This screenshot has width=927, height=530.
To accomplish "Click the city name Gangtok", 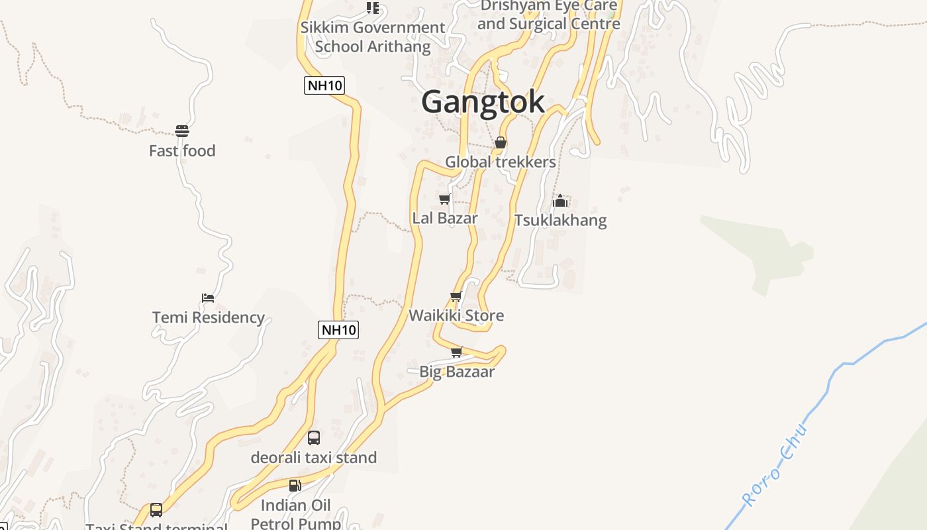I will click(x=483, y=102).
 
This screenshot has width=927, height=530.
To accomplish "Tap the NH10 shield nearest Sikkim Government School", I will click(x=324, y=85).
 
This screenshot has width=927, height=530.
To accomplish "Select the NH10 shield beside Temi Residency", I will click(x=338, y=330).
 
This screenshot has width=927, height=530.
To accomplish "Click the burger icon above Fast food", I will click(x=182, y=131).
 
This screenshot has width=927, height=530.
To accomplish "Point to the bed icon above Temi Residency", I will click(x=208, y=298).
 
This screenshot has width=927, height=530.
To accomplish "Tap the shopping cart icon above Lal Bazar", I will click(x=444, y=199).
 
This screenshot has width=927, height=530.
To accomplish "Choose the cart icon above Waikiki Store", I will click(x=456, y=296).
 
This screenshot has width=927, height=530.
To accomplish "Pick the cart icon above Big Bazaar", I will click(x=456, y=352).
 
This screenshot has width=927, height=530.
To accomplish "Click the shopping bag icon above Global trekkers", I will click(x=501, y=142).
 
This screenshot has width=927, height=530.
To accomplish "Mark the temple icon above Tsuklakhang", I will click(x=560, y=200).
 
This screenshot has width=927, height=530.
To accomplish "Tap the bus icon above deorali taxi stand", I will click(x=314, y=438).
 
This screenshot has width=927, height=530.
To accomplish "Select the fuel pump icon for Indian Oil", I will click(x=295, y=486).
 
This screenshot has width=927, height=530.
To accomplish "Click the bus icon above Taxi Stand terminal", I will click(x=156, y=510).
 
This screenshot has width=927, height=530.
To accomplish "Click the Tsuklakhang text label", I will click(x=560, y=220).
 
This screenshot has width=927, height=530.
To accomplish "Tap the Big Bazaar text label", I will click(x=457, y=372).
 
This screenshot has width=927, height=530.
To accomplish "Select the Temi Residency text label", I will click(x=209, y=317).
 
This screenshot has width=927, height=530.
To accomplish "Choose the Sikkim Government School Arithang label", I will click(x=373, y=37).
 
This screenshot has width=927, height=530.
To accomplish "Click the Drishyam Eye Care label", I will click(x=549, y=15).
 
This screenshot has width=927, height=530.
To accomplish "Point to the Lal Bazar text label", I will click(x=445, y=218).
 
